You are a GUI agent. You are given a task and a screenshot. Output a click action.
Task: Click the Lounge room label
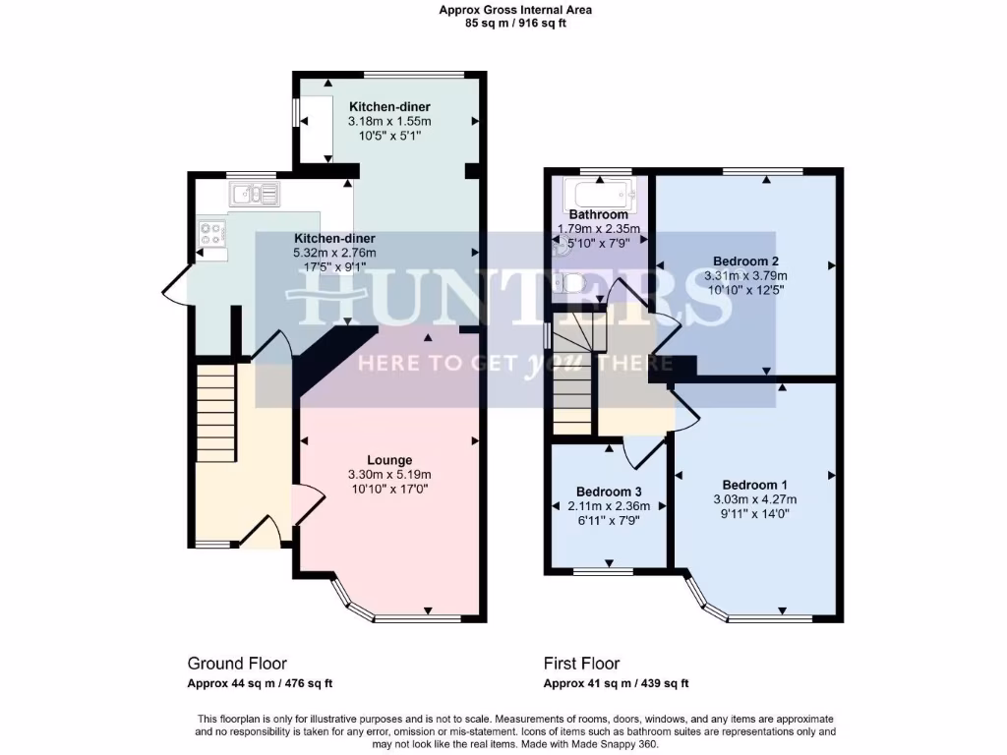(x=389, y=460)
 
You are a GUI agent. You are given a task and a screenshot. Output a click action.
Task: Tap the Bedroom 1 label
(x=754, y=485)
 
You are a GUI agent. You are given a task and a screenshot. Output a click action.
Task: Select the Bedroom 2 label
(x=746, y=261)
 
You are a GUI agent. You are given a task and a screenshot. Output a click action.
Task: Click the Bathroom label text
(x=598, y=214)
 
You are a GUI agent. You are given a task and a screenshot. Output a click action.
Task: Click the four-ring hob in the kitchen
(x=212, y=233)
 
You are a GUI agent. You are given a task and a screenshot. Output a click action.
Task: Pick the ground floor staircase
(x=215, y=411)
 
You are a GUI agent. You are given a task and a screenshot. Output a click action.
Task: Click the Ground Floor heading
(x=237, y=664)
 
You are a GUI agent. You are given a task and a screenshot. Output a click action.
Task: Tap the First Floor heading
(x=581, y=664)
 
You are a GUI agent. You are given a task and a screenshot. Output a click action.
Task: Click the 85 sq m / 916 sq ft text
(x=515, y=24)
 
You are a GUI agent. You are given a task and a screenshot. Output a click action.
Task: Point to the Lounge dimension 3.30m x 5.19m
(x=389, y=475)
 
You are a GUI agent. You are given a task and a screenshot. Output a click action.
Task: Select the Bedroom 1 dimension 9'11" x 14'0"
(x=754, y=513)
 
